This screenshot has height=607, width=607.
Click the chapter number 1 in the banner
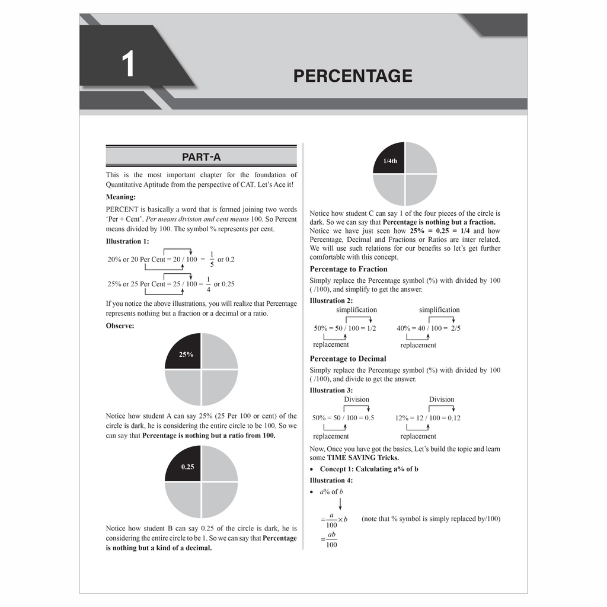coord(128,65)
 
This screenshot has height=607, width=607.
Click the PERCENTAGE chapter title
coord(353,76)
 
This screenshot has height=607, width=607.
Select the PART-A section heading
coord(201,157)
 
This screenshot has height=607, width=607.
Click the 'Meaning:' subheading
coord(121,197)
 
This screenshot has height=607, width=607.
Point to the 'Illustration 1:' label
coord(127,241)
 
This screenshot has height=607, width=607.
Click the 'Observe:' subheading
coord(120,325)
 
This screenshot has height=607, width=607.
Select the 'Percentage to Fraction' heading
coord(349,269)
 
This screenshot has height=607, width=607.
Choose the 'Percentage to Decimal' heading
coord(348,359)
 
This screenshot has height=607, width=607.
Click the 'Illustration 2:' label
coord(331,301)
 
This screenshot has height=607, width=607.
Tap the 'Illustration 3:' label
coord(331,390)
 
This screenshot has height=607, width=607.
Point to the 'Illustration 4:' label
coord(331,480)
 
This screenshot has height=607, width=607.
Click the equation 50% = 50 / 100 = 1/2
coord(344,328)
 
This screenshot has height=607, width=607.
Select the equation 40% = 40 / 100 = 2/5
coord(429,328)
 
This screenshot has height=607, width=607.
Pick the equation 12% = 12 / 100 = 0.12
coord(428,418)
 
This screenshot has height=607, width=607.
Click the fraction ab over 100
coord(331,539)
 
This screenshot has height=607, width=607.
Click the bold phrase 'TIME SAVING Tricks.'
coord(363,458)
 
